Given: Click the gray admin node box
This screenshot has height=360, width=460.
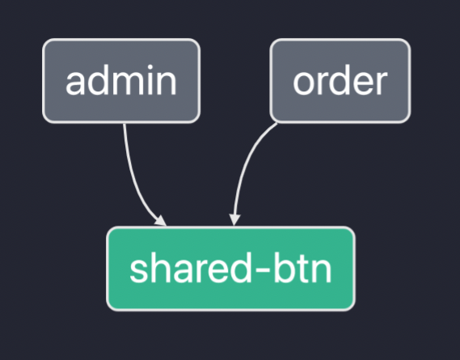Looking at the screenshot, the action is point(121,81).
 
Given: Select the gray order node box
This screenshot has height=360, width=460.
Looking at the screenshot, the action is point(340,81).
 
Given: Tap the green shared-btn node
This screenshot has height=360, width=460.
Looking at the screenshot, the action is point(231,269).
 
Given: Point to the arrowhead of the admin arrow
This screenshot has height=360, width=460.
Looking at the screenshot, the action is point(161,221).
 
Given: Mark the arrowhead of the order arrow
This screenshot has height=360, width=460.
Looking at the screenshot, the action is point(234,220).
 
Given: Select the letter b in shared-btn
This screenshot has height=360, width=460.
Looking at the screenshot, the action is point(284,268).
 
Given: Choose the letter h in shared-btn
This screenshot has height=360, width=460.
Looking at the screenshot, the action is point(160,268).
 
